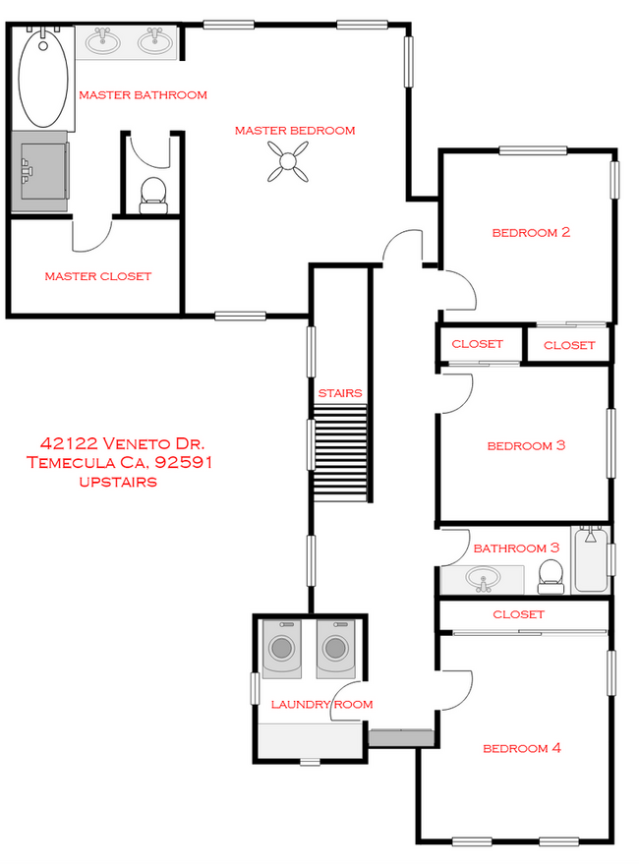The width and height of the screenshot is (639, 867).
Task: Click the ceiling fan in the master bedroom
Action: (287, 162)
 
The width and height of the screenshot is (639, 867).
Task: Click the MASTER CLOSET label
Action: (98, 276)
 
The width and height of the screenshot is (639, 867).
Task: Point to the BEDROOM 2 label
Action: (531, 233)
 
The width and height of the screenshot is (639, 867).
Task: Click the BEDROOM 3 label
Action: (526, 445)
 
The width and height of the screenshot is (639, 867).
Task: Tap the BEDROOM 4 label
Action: (521, 748)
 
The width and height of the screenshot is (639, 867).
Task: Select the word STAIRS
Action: (340, 393)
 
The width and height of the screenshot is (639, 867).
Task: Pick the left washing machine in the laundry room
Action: (283, 649)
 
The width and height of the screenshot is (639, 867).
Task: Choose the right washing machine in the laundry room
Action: (335, 649)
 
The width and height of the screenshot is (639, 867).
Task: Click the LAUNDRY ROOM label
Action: (321, 704)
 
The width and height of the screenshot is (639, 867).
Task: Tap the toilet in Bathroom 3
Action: (552, 576)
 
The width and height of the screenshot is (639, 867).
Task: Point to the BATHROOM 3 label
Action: (516, 548)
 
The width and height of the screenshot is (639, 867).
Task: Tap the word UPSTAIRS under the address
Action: (118, 482)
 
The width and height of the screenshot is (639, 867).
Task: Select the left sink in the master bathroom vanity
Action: (102, 41)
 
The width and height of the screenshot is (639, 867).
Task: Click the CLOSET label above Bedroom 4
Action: (518, 614)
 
